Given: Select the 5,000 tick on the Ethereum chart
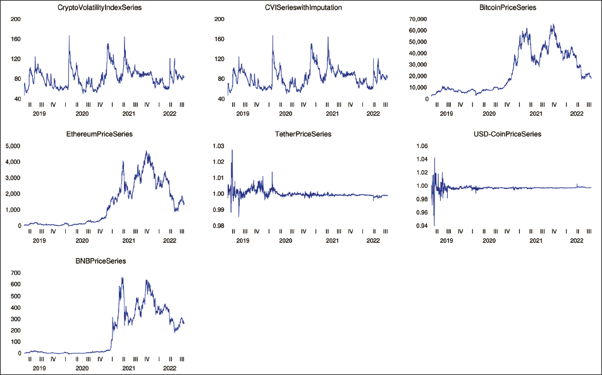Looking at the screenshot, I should pyautogui.click(x=14, y=145).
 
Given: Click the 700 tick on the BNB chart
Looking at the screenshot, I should pyautogui.click(x=15, y=272).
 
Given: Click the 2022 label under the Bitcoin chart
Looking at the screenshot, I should pyautogui.click(x=577, y=114).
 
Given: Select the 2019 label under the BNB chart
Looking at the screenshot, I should pyautogui.click(x=39, y=367).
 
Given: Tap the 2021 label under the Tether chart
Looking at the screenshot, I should pyautogui.click(x=332, y=240).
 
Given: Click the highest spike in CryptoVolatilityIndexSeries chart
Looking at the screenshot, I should pyautogui.click(x=69, y=36).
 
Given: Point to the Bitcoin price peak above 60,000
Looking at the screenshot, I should pyautogui.click(x=553, y=25).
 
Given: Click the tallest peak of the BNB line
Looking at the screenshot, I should pyautogui.click(x=122, y=278).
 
